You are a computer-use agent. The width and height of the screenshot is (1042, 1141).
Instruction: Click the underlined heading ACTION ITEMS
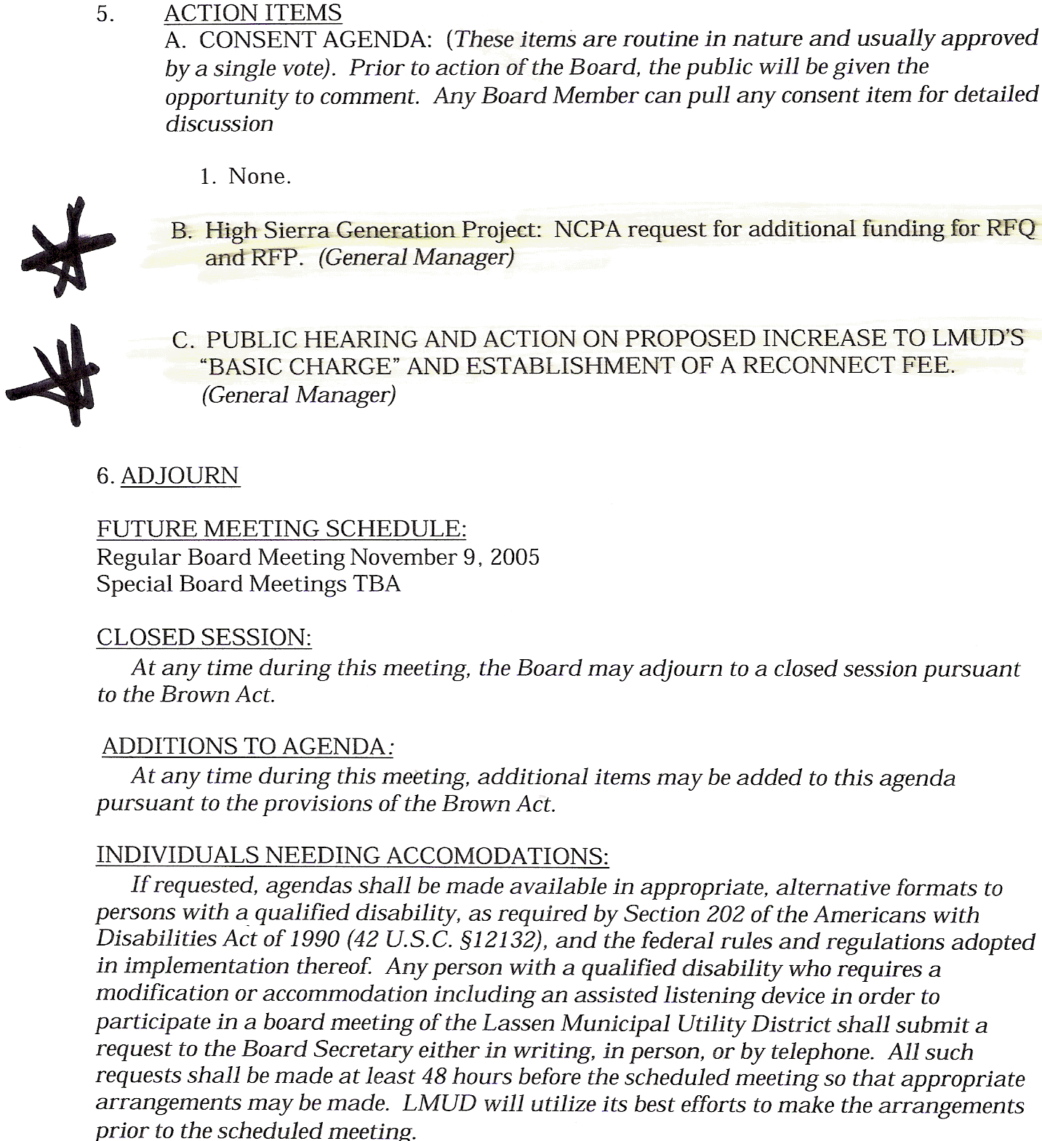(252, 13)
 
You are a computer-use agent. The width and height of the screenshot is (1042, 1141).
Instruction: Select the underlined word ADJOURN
(180, 476)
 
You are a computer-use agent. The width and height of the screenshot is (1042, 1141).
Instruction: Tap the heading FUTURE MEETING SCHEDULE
(281, 529)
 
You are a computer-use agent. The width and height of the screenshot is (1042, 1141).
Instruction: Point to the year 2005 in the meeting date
(515, 557)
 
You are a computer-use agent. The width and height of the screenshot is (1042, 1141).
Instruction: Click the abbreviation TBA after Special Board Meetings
(377, 584)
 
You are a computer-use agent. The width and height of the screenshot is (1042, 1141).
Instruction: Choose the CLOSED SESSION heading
(204, 637)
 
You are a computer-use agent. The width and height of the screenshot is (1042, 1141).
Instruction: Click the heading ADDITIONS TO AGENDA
(244, 746)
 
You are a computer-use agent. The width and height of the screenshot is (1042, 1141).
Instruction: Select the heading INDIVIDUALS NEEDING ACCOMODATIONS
(352, 855)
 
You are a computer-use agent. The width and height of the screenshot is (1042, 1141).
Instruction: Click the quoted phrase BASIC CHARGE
(300, 366)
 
